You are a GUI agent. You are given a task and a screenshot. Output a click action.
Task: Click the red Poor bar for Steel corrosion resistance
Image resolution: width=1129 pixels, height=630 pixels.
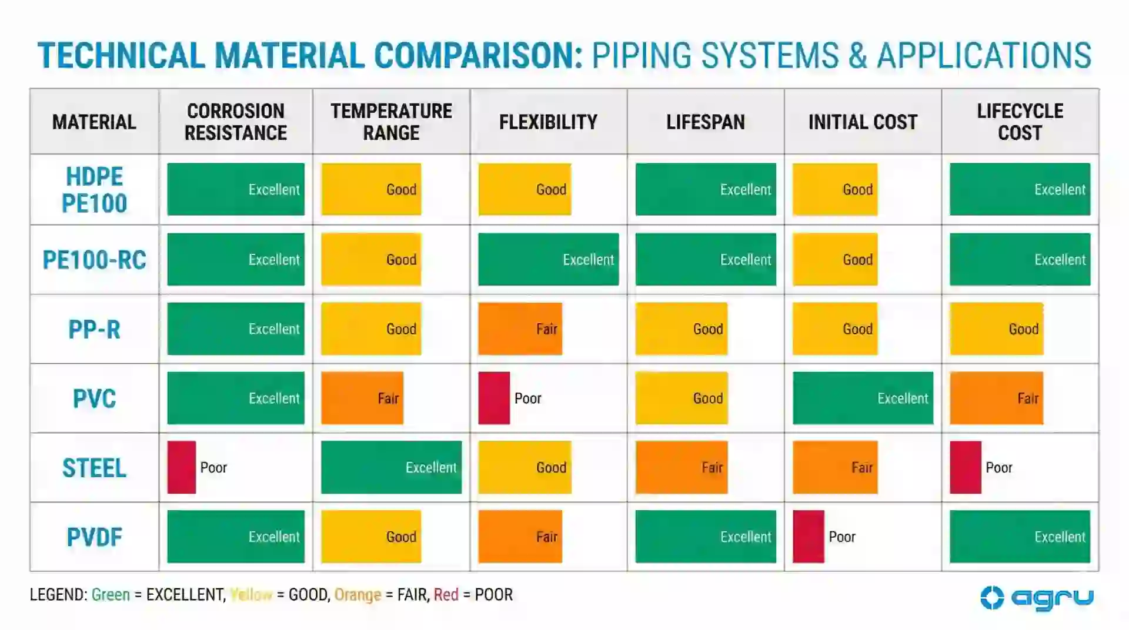click(x=181, y=467)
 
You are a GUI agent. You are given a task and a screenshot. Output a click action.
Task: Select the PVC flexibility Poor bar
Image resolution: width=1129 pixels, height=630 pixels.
click(x=493, y=398)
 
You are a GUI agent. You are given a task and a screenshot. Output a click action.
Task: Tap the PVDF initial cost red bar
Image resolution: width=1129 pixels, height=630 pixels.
click(x=808, y=537)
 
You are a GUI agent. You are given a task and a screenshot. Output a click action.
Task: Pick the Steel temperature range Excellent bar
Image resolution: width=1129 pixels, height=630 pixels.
click(x=391, y=467)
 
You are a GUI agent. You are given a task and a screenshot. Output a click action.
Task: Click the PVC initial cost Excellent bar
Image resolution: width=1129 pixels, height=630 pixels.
click(x=863, y=398)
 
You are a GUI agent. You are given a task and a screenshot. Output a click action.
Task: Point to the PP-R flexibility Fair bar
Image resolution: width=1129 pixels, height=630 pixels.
click(x=520, y=329)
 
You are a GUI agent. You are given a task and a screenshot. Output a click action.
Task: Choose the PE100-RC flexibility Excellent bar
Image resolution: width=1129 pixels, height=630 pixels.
click(x=548, y=259)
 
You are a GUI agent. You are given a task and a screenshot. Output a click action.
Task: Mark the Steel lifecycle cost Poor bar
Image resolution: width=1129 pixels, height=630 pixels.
click(x=965, y=467)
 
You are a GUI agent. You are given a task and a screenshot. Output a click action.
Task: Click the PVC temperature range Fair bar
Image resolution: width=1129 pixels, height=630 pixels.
click(x=362, y=398)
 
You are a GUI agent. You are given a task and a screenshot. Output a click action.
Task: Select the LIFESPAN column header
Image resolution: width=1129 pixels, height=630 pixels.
click(x=705, y=122)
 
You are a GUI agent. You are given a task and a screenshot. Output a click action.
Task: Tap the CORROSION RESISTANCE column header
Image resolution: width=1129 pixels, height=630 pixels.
click(x=236, y=122)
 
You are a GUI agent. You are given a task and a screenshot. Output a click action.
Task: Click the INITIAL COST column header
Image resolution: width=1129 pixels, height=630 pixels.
click(x=863, y=122)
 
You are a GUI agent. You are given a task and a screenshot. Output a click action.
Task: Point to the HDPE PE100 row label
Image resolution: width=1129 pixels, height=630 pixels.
click(x=94, y=190)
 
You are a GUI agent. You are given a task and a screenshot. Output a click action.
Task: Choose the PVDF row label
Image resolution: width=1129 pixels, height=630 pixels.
click(x=94, y=537)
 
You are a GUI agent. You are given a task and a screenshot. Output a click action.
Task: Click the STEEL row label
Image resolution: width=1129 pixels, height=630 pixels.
click(x=94, y=468)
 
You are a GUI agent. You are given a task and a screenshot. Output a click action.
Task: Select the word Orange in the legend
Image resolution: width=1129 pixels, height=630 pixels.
click(x=358, y=595)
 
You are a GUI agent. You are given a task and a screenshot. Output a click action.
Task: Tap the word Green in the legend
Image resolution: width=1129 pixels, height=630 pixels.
click(x=111, y=595)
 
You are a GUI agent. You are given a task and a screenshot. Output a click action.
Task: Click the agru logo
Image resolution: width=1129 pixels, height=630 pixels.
click(x=1037, y=598)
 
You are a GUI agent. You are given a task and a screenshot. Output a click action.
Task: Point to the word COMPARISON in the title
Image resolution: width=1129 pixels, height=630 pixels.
click(x=478, y=56)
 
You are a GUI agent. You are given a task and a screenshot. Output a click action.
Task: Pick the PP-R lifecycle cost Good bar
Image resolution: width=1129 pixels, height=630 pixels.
click(x=996, y=329)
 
